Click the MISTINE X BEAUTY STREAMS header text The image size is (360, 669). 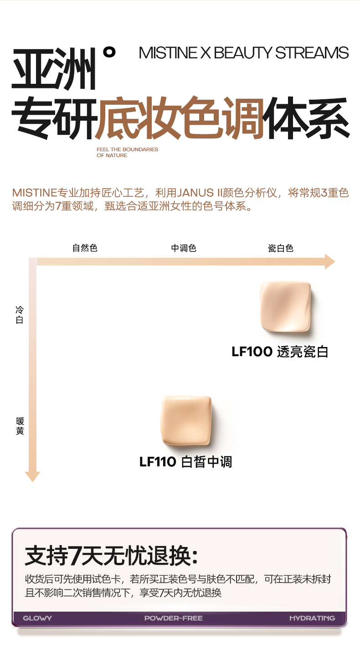click(x=244, y=53)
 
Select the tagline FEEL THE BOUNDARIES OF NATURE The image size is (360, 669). click(x=127, y=152)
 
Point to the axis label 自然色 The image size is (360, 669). click(x=85, y=248)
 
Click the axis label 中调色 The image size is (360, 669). click(x=184, y=248)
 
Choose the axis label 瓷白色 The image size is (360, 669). click(x=280, y=248)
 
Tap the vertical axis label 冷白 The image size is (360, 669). click(x=20, y=315)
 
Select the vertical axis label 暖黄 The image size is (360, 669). click(x=20, y=426)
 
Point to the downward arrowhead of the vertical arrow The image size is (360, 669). click(x=32, y=476)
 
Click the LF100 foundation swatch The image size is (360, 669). click(x=285, y=307)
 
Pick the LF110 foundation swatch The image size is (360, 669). click(x=186, y=421)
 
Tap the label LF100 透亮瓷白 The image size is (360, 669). click(x=280, y=352)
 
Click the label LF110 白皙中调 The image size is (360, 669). click(x=185, y=462)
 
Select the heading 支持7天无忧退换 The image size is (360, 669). click(x=112, y=556)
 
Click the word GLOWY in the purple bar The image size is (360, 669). click(x=37, y=618)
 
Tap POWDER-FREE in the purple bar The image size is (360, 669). click(x=173, y=618)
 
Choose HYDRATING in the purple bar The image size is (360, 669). click(x=312, y=618)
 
